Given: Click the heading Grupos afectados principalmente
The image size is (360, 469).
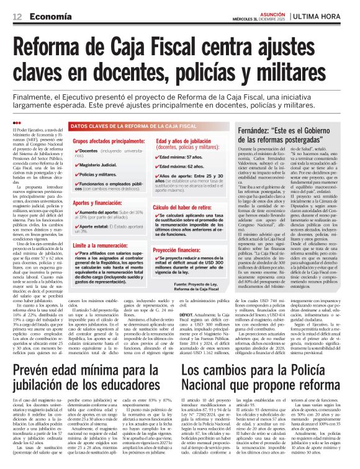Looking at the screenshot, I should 109,141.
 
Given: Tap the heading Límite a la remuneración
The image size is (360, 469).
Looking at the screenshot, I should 103,245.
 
